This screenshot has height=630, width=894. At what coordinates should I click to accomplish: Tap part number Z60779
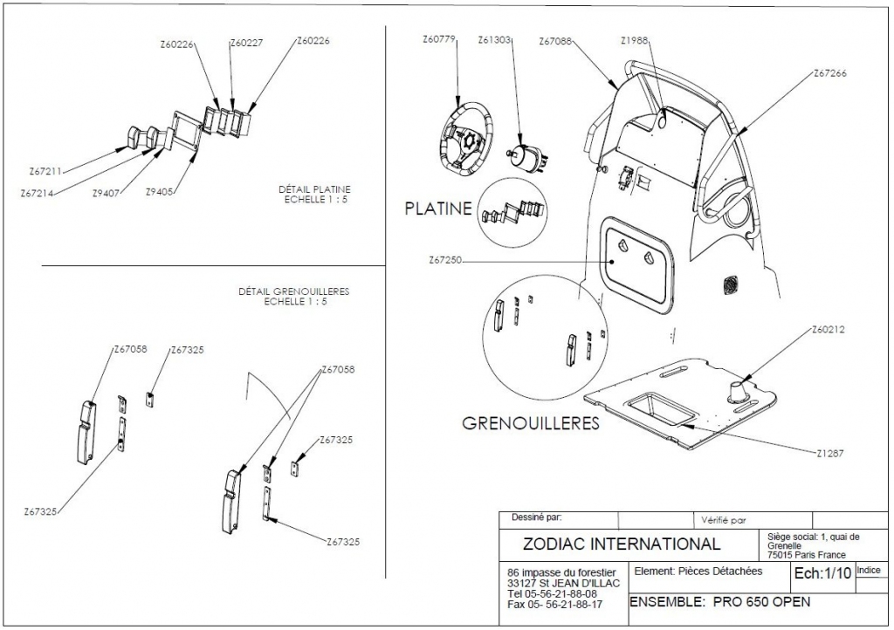point(439,39)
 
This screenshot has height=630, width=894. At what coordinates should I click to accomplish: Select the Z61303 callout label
point(495,39)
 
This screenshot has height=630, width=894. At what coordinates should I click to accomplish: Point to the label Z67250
point(447,260)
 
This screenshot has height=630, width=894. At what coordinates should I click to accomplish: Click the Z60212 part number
point(829,330)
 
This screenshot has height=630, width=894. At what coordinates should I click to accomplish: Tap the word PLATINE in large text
point(438,209)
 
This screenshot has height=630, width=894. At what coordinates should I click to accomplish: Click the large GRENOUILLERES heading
point(531,424)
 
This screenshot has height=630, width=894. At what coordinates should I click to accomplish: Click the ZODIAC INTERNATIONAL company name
point(621,544)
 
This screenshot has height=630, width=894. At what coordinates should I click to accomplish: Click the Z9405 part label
point(161,191)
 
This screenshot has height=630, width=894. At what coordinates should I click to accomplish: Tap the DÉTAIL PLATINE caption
point(314,188)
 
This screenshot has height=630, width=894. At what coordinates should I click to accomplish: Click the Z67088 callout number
point(556,41)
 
